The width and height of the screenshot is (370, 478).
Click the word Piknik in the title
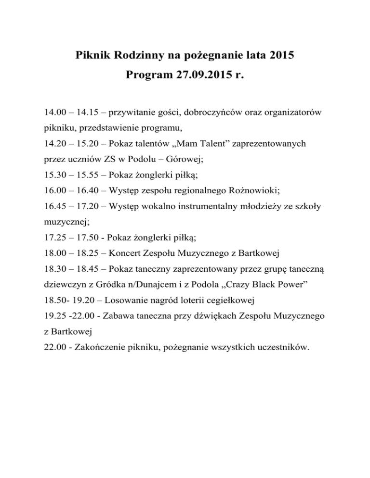tap(93, 55)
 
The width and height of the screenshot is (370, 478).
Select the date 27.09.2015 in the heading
tap(198, 75)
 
